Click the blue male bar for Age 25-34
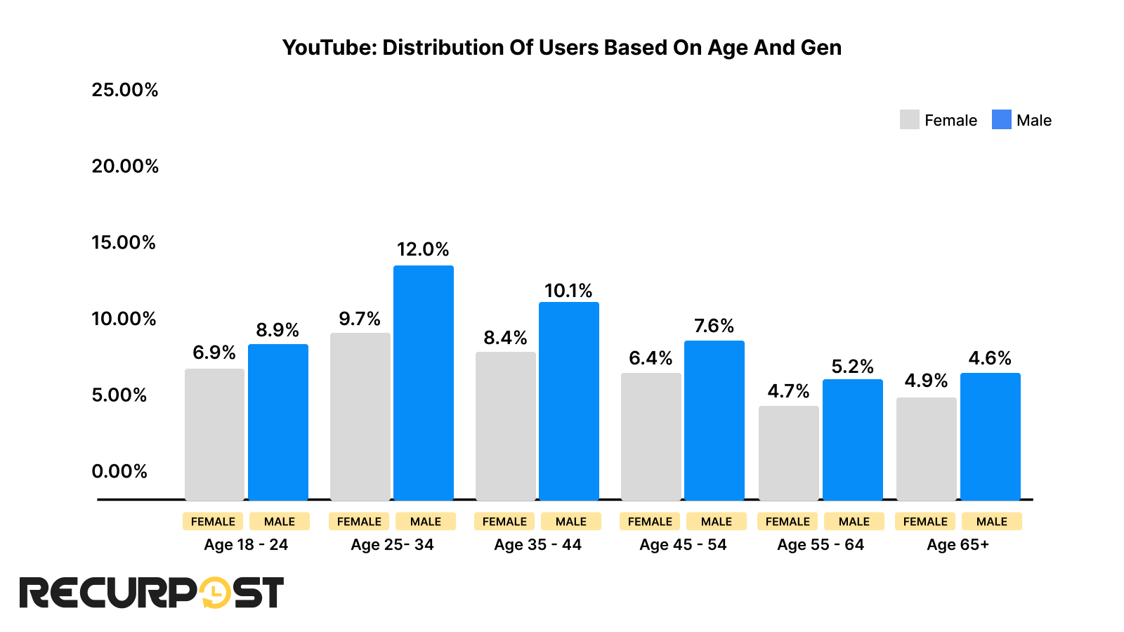coord(423,383)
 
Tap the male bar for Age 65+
coord(990,436)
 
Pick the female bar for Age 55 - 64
coord(788,453)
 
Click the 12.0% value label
coord(422,249)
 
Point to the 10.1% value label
coord(568,291)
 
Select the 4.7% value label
coord(788,391)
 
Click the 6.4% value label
coord(651,358)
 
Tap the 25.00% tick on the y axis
coord(125,90)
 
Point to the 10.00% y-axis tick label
coord(124,319)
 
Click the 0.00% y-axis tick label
coord(119,471)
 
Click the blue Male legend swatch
coord(1001,119)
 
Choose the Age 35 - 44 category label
coord(537,545)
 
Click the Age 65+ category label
coord(958,545)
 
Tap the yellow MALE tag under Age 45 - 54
coord(716,522)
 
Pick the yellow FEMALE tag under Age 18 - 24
coord(213,522)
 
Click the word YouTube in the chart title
coord(329,48)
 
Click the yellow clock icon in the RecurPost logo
coord(215,593)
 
